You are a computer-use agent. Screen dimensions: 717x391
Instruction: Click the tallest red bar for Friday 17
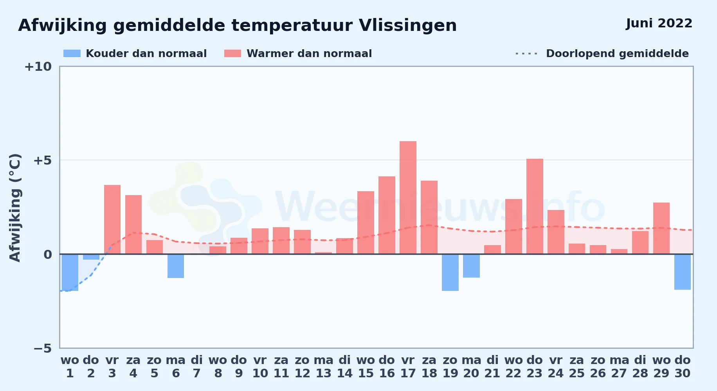click(408, 197)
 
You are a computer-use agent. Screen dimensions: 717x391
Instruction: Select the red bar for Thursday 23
click(535, 206)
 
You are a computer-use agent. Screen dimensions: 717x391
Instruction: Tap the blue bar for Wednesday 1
click(70, 273)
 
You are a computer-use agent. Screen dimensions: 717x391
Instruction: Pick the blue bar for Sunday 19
click(450, 273)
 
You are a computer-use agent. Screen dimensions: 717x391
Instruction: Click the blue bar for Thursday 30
click(683, 272)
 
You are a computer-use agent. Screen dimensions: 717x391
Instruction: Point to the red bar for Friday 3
click(112, 219)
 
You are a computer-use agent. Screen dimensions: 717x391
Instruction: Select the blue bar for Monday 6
click(176, 266)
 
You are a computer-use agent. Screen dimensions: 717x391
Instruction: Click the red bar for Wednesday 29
click(661, 228)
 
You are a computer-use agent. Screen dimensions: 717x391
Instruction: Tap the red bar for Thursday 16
click(387, 215)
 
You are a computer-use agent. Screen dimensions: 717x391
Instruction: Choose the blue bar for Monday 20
click(471, 266)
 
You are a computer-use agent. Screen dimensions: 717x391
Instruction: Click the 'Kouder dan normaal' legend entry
click(135, 54)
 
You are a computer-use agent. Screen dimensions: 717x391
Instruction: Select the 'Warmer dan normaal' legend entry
click(298, 54)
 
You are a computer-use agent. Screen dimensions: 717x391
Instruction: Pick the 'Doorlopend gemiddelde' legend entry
click(602, 54)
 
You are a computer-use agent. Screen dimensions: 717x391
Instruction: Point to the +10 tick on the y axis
click(38, 66)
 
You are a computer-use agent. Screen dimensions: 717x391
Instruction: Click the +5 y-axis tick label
click(42, 160)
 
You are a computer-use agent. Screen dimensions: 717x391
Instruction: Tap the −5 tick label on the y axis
click(42, 348)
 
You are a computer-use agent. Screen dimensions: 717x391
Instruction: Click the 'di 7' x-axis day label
click(197, 366)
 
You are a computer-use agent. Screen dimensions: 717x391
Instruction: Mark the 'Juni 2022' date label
click(659, 23)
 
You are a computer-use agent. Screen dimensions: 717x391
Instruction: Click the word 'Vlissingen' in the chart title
click(408, 26)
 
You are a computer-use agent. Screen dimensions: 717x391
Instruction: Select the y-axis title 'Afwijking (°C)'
click(15, 207)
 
